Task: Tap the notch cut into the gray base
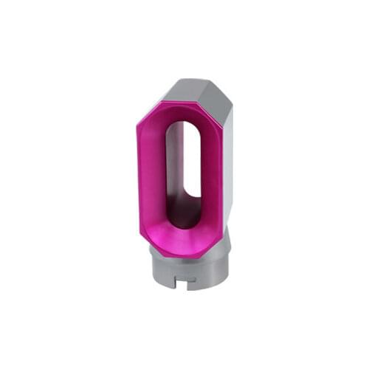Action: click(x=183, y=280)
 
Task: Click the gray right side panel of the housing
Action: click(x=227, y=170)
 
